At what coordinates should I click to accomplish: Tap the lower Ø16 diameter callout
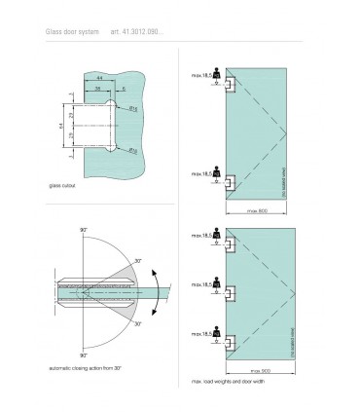(132, 151)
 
